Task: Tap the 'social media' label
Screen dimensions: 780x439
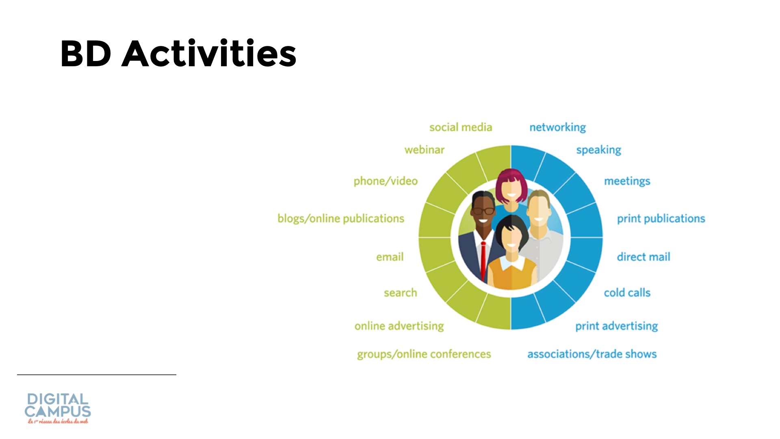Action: tap(461, 127)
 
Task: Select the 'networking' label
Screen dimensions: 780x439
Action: tap(557, 128)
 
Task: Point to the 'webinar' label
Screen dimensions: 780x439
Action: tap(425, 150)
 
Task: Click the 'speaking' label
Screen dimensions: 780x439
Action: tap(599, 150)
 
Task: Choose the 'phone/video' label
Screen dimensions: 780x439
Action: tap(386, 181)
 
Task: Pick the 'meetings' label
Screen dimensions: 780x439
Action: tap(627, 181)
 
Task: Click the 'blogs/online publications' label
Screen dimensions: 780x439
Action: tap(341, 219)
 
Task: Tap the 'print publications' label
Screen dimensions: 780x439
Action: tap(661, 219)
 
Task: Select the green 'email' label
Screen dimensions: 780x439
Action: tap(390, 257)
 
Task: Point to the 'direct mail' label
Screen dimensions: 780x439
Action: tap(643, 257)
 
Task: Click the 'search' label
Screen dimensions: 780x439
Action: tap(401, 293)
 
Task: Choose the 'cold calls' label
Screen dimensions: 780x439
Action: tap(627, 293)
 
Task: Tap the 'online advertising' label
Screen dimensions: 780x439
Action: tap(399, 326)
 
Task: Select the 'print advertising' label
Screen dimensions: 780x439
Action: tap(617, 326)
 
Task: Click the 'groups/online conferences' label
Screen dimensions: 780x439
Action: tap(424, 354)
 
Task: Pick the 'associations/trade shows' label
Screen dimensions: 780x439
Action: tap(592, 354)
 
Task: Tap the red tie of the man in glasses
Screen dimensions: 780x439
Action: tap(483, 261)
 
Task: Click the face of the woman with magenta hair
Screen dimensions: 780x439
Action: tap(511, 190)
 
